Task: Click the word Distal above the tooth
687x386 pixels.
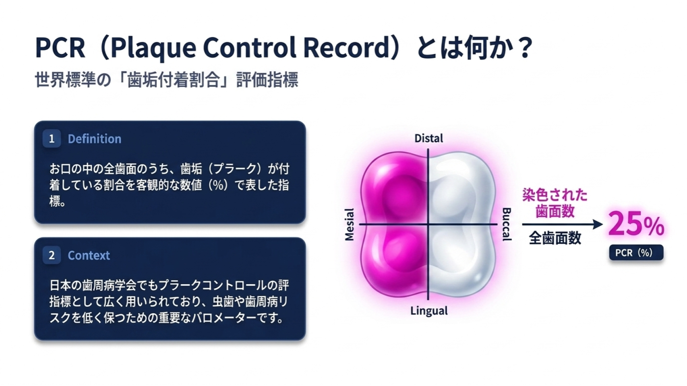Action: pos(429,138)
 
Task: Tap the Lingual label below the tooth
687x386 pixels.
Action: pos(429,311)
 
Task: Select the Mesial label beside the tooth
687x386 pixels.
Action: pos(350,225)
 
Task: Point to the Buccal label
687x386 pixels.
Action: pos(507,225)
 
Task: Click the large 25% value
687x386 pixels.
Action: pos(636,224)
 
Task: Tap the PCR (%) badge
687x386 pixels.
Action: pos(636,253)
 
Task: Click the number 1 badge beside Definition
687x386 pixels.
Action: pos(52,139)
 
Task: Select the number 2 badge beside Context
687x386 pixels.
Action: pos(52,256)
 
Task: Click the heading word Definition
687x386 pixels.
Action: pos(95,139)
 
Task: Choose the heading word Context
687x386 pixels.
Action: pos(89,256)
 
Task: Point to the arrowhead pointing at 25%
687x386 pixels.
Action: pos(598,225)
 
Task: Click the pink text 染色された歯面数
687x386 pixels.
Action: pos(555,202)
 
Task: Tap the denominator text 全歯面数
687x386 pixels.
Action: pos(555,238)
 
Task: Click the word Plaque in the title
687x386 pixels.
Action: pos(153,48)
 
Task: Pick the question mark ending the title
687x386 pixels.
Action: pos(524,47)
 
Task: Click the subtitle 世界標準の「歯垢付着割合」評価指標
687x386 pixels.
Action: pos(167,80)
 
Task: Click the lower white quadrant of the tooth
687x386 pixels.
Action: pos(460,260)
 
